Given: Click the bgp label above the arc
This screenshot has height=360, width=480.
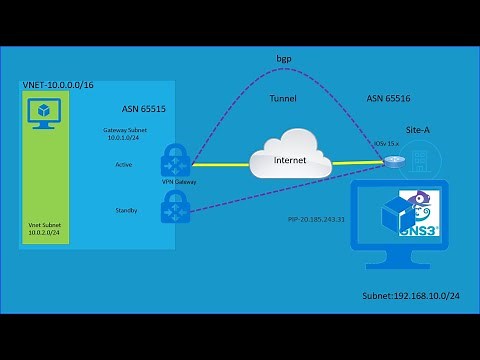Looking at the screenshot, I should [x=283, y=61].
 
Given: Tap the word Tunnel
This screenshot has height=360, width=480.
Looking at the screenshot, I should [x=283, y=99].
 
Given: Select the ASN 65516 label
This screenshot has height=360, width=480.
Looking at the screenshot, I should [x=388, y=99].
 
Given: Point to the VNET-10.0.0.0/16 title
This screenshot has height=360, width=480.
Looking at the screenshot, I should [x=57, y=87].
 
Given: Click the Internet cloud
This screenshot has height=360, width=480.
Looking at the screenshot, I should [x=289, y=159].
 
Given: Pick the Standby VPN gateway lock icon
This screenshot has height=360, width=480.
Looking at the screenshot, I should [x=176, y=208].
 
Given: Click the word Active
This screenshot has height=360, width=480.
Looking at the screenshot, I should [x=124, y=165].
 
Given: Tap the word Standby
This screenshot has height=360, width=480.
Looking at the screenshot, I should [x=126, y=211].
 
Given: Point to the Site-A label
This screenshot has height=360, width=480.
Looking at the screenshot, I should [x=419, y=130].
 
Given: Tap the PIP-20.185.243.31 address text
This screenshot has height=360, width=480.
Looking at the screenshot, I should [x=315, y=218].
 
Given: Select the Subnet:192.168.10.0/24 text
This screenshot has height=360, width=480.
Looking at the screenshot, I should [x=409, y=297].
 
